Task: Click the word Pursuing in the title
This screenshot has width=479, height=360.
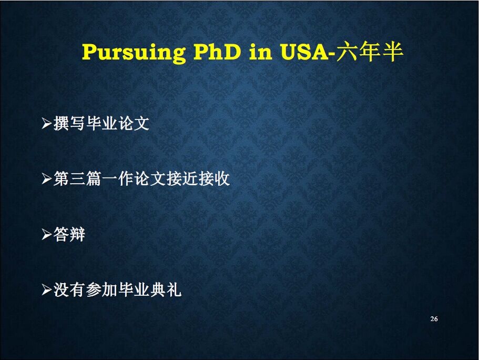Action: coord(134,52)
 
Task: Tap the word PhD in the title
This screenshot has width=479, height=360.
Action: coord(217,52)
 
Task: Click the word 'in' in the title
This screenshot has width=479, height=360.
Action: coord(261,52)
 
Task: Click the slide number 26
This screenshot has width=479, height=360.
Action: coord(434,319)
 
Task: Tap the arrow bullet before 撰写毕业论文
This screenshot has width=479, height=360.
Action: coord(46,124)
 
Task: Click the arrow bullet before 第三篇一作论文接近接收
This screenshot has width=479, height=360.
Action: coord(46,178)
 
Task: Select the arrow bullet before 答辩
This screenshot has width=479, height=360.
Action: coord(46,235)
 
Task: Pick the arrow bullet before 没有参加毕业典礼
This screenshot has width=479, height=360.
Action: coord(46,289)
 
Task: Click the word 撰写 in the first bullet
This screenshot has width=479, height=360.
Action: coord(69,124)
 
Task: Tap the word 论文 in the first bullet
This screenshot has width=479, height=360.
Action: coord(134,124)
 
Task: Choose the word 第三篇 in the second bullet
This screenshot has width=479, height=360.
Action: coord(77,178)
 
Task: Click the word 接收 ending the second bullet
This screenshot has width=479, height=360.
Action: coord(214,178)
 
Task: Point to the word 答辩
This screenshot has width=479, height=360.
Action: coord(69,235)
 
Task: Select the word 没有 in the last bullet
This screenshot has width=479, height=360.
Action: coord(69,289)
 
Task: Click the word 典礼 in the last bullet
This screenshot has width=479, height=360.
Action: coord(166,289)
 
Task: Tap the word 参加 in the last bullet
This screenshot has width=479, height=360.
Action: coord(101,289)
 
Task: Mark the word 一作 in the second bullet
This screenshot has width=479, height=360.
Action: coord(118,178)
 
